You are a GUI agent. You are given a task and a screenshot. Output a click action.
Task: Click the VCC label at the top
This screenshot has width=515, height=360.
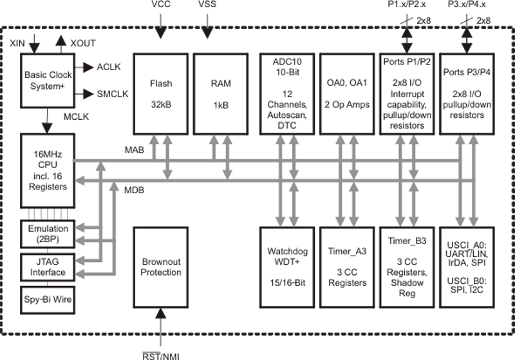[x=160, y=5]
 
